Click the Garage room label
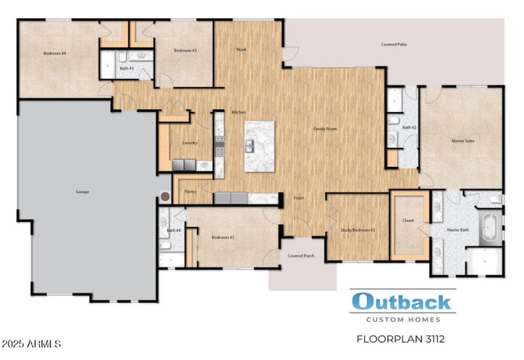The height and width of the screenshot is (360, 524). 82,192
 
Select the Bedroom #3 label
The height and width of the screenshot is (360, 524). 185,50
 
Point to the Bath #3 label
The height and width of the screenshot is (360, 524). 126,68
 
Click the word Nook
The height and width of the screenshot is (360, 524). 242,49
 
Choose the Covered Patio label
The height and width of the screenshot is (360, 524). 394,45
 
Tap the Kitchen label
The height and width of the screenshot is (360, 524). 238,113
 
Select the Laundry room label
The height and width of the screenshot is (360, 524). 190,143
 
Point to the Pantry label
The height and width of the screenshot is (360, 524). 191,192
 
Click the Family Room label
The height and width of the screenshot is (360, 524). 325,129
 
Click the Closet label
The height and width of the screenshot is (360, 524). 408,221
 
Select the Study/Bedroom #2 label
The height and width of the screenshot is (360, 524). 358,230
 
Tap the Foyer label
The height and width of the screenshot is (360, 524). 299,198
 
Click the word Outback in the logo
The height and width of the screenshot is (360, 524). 401,302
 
